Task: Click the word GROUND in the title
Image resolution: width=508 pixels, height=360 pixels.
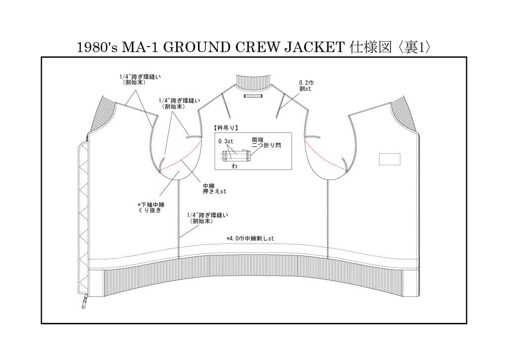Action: coord(196,48)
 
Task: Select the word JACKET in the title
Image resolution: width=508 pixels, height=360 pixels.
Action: coord(314,48)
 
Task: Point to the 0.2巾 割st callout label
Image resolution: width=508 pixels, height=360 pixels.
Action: coord(306,86)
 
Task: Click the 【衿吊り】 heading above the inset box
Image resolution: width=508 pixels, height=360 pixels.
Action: coord(226,128)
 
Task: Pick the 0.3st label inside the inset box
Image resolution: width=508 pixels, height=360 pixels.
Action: coord(226,141)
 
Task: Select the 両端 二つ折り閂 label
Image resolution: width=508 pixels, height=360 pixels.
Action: coord(266,143)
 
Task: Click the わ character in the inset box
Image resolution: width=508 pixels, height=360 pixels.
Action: coord(235,166)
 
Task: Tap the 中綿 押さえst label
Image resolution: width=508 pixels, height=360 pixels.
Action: coord(214,189)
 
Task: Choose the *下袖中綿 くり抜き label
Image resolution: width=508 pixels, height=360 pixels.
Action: coord(151,207)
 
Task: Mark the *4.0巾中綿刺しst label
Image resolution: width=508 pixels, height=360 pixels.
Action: coord(250,239)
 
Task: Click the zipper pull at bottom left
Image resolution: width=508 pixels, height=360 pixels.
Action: coord(85,301)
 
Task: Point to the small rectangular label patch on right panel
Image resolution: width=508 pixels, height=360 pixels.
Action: coord(389,159)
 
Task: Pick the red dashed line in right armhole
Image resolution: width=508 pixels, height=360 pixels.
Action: coord(325,158)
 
